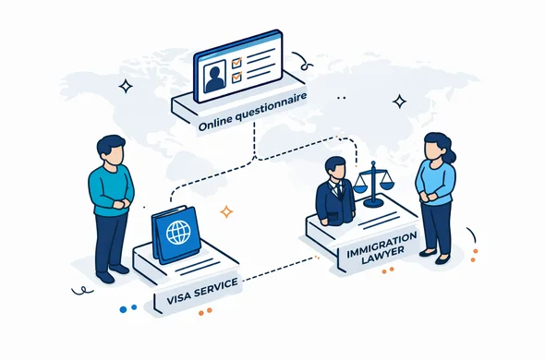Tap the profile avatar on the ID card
tap(215, 77)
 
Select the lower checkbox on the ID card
tap(236, 78)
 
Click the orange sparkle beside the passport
tap(226, 211)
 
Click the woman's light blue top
tap(435, 180)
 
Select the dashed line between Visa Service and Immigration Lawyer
tap(277, 270)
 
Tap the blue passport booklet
tap(176, 234)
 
